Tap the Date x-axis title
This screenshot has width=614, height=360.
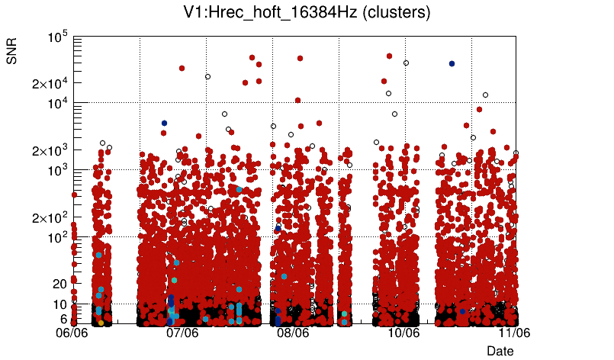pos(500,351)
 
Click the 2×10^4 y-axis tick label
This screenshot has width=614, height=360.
pos(50,83)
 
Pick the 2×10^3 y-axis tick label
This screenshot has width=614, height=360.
pos(50,150)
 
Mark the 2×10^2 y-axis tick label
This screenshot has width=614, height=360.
pos(50,218)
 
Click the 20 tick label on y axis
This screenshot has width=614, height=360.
pos(60,284)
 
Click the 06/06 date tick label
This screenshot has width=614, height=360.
pos(72,333)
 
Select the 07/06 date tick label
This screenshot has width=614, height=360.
pos(182,333)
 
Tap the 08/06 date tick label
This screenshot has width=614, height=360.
pos(293,333)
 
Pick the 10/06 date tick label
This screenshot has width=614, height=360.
pos(403,333)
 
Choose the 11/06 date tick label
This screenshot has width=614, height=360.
pos(514,333)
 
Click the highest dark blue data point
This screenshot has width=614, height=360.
pos(452,64)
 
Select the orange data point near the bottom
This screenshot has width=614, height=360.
pos(101,323)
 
